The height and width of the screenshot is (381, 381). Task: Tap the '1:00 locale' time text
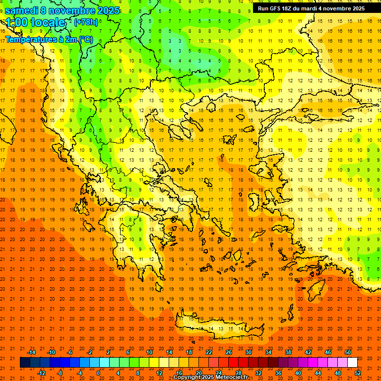pos(35,22)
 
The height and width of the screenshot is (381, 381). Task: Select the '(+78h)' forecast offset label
pos(86,22)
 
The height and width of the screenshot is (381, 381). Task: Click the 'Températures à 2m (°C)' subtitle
pos(49,39)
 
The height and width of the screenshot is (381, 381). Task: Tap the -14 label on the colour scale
pos(31,352)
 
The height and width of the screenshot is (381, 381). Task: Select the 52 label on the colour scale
pos(358,373)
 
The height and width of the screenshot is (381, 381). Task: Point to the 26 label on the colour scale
pos(229,352)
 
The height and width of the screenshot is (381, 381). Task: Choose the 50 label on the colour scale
pos(347,352)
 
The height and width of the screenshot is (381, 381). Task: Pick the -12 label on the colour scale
pos(41,373)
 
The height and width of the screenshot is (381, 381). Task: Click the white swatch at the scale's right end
pos(352,363)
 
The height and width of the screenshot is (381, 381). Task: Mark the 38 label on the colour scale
pos(288,352)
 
